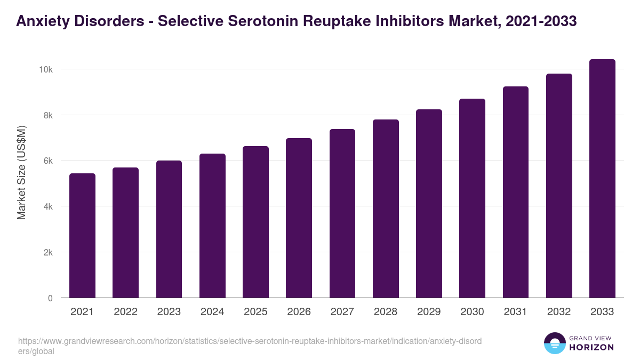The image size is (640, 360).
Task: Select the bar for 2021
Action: [82, 236]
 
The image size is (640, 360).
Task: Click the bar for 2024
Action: [212, 226]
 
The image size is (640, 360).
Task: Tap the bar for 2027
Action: [342, 213]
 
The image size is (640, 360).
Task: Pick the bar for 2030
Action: [472, 198]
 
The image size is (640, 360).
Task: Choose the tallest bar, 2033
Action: [602, 179]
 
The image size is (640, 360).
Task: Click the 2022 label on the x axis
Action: [125, 312]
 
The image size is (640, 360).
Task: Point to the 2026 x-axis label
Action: [299, 312]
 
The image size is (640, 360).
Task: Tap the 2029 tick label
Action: [429, 312]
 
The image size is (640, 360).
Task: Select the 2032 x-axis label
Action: [559, 312]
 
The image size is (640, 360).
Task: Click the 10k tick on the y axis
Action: [45, 70]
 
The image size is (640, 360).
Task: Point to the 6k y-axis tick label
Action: [47, 161]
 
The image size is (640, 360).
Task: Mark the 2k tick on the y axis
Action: [47, 252]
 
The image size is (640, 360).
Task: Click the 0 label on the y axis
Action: [50, 298]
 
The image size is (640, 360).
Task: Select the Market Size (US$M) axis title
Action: [21, 172]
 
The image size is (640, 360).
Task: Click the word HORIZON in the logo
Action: [591, 347]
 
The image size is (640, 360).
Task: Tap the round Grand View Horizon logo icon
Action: [554, 343]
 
